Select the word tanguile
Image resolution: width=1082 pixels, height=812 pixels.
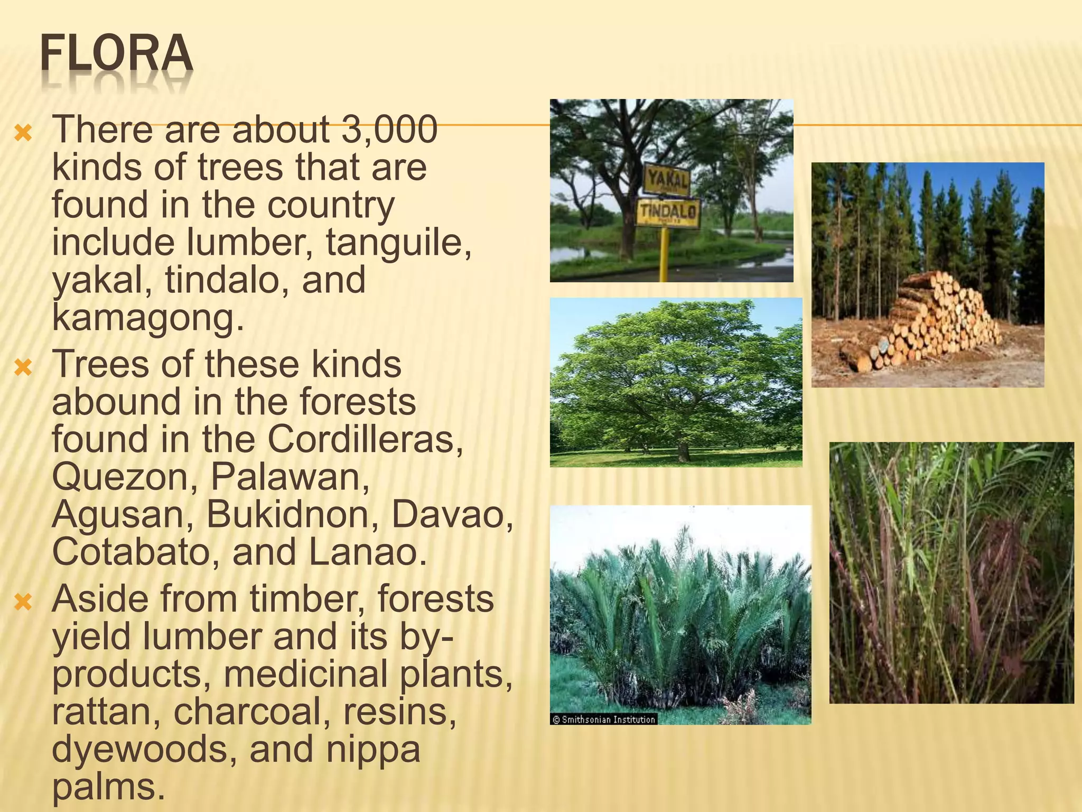(x=398, y=242)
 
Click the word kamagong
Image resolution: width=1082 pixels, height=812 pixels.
(x=148, y=318)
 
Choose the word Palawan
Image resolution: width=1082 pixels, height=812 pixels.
(x=290, y=476)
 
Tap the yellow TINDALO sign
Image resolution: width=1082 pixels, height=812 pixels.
(x=668, y=211)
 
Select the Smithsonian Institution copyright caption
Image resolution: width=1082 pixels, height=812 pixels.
(x=603, y=719)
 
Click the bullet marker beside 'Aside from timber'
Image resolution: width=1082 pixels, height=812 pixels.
(x=24, y=602)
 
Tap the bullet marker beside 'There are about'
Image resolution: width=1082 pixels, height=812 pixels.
(x=24, y=133)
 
